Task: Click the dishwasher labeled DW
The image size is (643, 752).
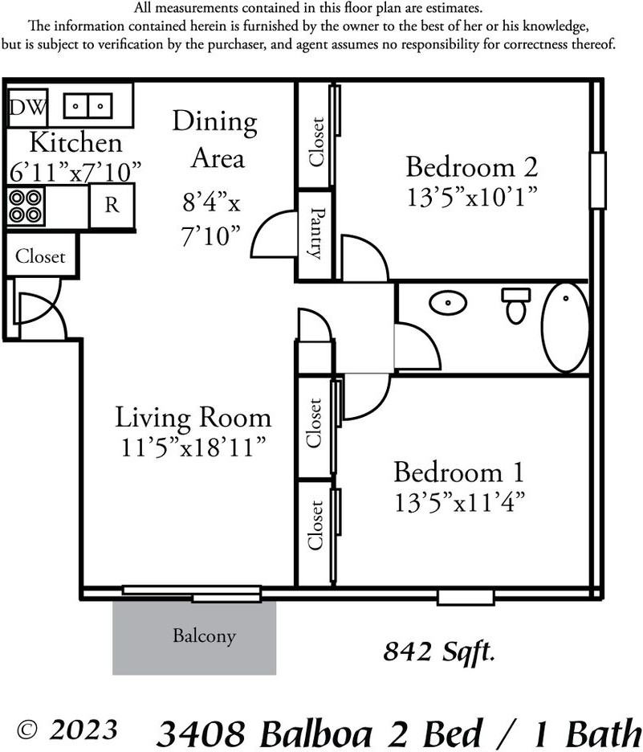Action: [x=28, y=108]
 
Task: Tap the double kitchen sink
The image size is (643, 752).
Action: [x=87, y=105]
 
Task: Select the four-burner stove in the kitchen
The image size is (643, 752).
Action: [x=26, y=206]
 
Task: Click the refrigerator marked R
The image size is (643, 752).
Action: [x=112, y=205]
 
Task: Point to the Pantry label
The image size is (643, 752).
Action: [x=315, y=233]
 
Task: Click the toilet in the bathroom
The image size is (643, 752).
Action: [x=516, y=305]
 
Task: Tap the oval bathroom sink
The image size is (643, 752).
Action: [x=447, y=303]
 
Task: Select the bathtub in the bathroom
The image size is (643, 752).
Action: [x=565, y=328]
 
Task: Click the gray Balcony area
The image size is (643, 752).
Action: [x=194, y=638]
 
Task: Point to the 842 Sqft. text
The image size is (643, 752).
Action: [x=438, y=652]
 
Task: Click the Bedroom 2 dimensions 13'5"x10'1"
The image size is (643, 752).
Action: [x=472, y=197]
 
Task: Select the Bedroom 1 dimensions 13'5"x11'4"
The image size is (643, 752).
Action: [x=459, y=503]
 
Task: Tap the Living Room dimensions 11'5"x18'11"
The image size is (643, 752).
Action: [x=193, y=448]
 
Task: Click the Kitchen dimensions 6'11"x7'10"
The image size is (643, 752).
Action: [x=75, y=172]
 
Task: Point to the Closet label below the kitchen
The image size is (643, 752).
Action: [x=40, y=256]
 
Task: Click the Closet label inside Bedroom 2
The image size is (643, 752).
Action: [x=316, y=142]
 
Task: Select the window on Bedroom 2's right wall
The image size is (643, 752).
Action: [x=597, y=180]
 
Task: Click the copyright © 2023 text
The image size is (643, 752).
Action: [x=67, y=730]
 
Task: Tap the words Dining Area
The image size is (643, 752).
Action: [x=215, y=140]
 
